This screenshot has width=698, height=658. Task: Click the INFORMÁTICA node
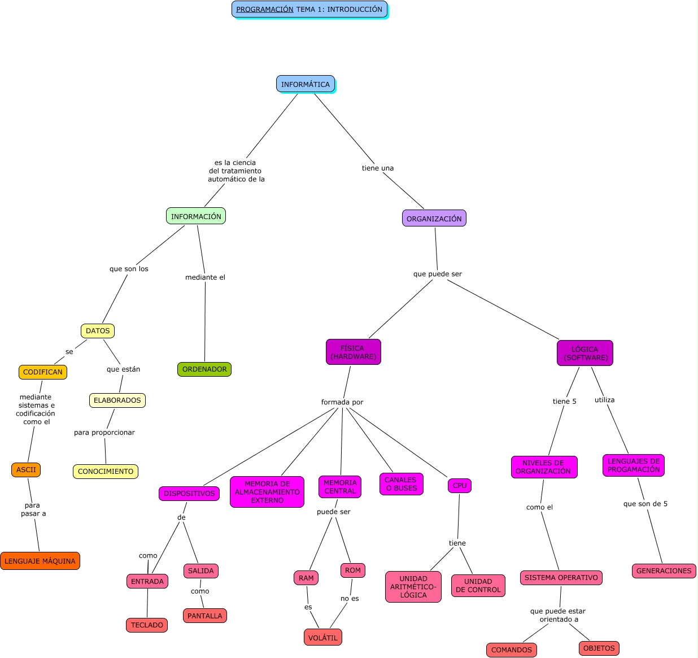point(306,84)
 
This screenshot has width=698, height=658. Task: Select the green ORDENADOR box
point(204,369)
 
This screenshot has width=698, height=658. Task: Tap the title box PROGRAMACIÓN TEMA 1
point(309,10)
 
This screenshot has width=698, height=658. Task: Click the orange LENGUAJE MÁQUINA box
point(40,561)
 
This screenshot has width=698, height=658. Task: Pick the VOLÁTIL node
point(323,638)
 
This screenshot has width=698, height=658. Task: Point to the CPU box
point(460,486)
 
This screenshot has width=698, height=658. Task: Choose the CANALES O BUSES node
point(401,484)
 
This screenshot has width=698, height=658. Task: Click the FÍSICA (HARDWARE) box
point(354,352)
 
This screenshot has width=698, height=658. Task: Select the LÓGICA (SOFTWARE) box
point(585,353)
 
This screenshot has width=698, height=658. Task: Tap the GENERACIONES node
point(664,571)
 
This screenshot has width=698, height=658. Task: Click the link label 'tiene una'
point(378,168)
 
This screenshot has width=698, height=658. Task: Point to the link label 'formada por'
point(342,402)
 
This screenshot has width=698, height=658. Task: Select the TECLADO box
point(147,625)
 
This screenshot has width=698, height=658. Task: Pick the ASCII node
point(26,470)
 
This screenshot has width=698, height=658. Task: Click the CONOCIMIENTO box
point(106,472)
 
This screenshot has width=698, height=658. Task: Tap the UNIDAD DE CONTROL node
point(478,586)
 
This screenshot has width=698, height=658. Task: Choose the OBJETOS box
point(599,648)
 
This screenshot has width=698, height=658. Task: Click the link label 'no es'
point(350,599)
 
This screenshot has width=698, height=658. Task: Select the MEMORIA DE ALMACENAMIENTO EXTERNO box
point(267,492)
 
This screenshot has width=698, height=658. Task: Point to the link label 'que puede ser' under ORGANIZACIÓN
point(438,274)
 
